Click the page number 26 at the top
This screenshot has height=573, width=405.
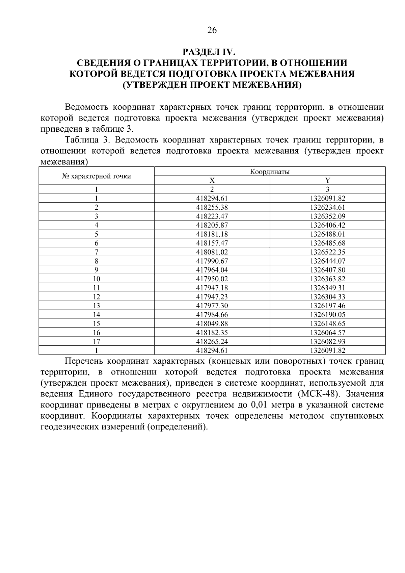[212, 30]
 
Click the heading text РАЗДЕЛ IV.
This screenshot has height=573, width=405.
[208, 52]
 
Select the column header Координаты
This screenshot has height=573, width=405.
[270, 172]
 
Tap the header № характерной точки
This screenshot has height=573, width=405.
[97, 176]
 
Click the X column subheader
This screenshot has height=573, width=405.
[212, 180]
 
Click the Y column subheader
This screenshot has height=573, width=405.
[327, 180]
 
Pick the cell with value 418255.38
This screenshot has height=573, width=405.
[212, 207]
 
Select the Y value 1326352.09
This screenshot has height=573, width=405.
[327, 216]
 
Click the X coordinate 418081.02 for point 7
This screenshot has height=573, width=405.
[212, 252]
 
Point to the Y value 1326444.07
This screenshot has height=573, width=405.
[327, 261]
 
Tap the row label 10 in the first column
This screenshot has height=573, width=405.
[97, 279]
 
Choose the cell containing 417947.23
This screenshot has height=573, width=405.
[212, 297]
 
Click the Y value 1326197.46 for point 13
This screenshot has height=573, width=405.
[327, 306]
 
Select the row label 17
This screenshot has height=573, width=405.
[97, 341]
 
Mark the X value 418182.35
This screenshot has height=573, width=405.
[212, 333]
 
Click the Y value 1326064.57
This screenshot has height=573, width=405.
[327, 333]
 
